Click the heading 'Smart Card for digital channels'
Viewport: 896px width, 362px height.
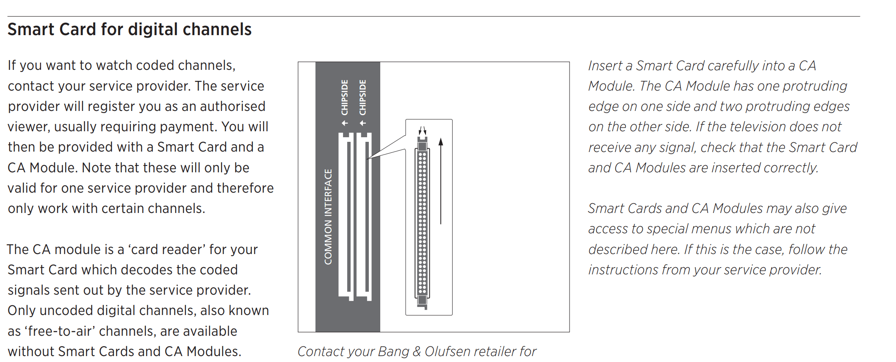130,30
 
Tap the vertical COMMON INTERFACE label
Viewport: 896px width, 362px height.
328,217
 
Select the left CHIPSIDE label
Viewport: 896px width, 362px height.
345,97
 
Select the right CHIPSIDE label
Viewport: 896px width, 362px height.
362,97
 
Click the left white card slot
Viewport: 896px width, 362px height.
346,216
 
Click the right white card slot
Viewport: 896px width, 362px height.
364,216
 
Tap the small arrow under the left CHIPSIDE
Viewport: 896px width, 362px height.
345,123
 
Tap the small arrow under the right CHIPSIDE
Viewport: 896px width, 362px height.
362,123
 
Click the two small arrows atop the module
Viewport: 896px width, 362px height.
422,130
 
